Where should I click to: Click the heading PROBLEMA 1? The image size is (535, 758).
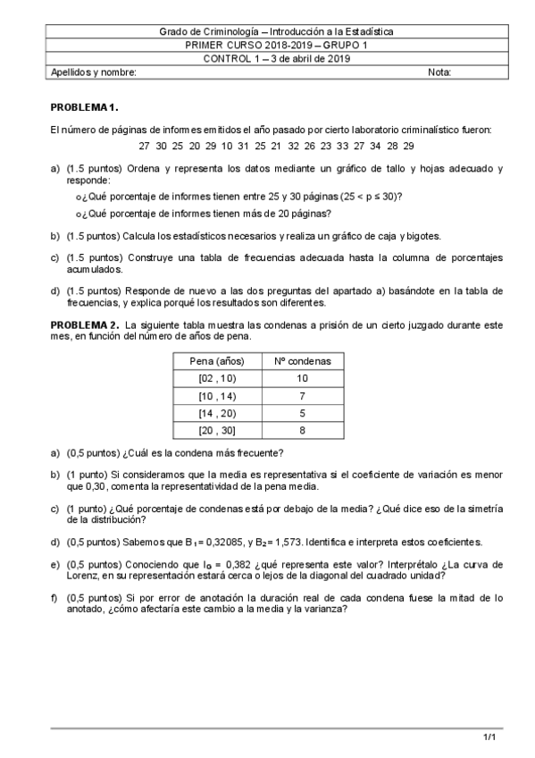tap(79, 106)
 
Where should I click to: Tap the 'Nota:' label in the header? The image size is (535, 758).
tap(439, 72)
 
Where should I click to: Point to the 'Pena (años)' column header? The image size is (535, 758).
tap(213, 362)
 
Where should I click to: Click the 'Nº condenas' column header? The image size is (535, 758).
tap(302, 362)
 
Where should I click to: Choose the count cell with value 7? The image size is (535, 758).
tap(302, 395)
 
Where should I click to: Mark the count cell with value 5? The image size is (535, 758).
tap(302, 412)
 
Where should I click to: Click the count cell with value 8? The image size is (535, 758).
tap(302, 430)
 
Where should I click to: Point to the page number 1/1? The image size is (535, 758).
tap(489, 737)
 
